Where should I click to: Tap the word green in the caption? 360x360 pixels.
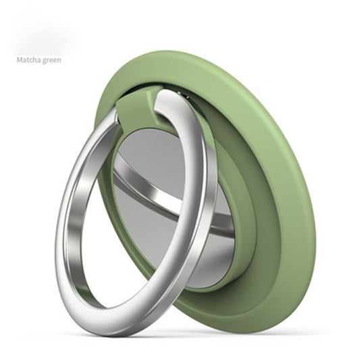(x=53, y=59)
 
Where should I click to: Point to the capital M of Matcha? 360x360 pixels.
(x=19, y=59)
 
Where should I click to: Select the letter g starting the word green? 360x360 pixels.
(x=45, y=60)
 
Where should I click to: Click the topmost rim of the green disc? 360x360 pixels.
(x=203, y=53)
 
